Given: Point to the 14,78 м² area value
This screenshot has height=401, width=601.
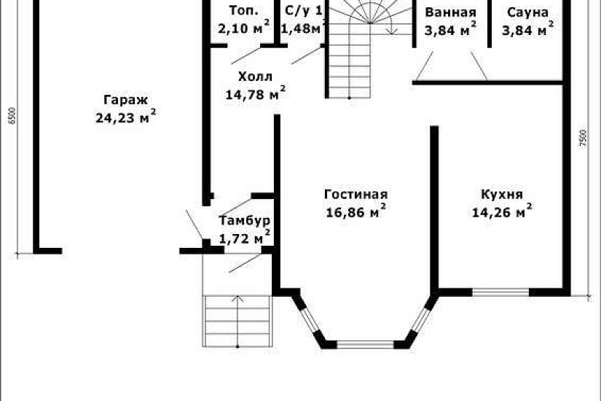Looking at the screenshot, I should pos(255,93).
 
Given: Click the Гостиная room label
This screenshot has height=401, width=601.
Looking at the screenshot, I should pos(356,194).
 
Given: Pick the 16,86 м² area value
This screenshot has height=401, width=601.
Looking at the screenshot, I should pos(356,212).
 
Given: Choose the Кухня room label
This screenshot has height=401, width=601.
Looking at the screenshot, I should pos(502,194).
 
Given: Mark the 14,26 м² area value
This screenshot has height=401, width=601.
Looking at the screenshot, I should pos(502,212).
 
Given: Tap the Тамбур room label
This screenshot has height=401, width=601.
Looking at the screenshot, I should pos(245,220).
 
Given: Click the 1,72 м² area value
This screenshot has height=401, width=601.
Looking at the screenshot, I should pos(245,237).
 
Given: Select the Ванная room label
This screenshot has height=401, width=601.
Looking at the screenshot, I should pos(450,12).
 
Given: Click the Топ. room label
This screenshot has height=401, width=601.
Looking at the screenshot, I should pos(243,11).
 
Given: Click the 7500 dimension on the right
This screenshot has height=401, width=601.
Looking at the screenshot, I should pos(582,139).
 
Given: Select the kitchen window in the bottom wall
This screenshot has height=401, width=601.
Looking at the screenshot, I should pos(500,292).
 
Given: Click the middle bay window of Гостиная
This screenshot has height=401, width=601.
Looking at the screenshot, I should pos(365,343).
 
